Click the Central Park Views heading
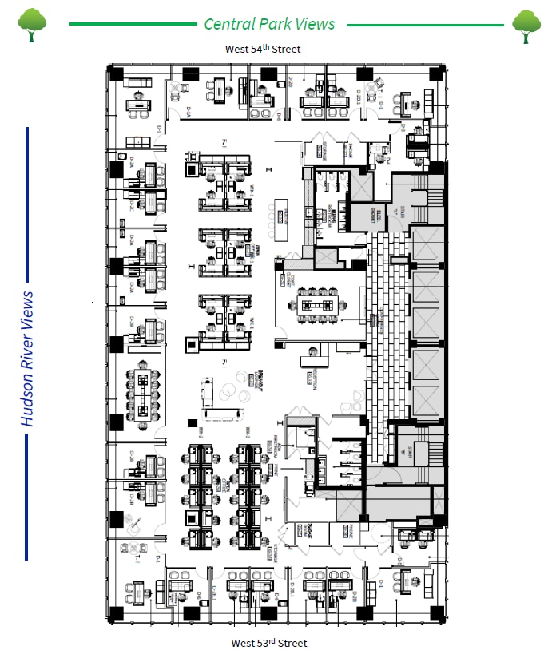269,23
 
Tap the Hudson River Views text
28,359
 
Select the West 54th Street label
263,50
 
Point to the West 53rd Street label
268,642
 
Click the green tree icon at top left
31,25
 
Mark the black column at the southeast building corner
437,613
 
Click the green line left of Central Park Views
133,24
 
